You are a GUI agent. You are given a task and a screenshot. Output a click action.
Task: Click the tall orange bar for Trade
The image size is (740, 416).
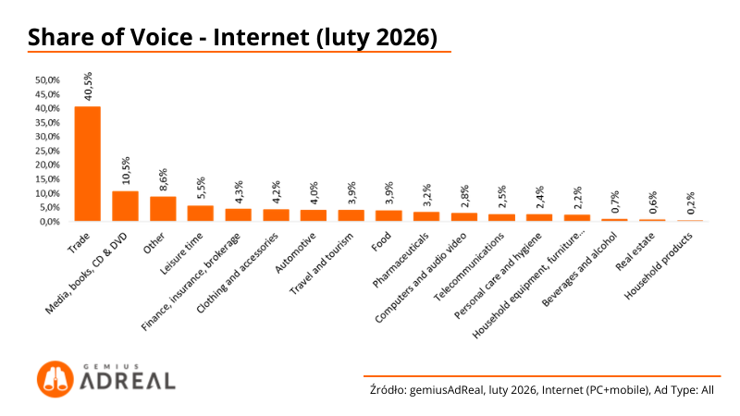coord(87,164)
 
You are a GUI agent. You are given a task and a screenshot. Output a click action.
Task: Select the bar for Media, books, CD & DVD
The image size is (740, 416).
coord(125,206)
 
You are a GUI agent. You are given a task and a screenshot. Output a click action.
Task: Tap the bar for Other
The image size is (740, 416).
coord(163,209)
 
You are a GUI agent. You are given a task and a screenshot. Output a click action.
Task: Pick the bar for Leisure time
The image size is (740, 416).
coord(201,214)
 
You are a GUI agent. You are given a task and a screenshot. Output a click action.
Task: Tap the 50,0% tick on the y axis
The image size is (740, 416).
coord(47,80)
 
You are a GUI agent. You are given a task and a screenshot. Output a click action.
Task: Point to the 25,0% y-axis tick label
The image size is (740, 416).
coord(47,151)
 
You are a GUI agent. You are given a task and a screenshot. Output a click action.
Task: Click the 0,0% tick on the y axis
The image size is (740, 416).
coord(49,222)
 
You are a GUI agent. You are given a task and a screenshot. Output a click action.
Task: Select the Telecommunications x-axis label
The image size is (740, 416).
coord(470,273)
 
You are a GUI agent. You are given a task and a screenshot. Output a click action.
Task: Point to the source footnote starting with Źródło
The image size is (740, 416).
coord(541,390)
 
